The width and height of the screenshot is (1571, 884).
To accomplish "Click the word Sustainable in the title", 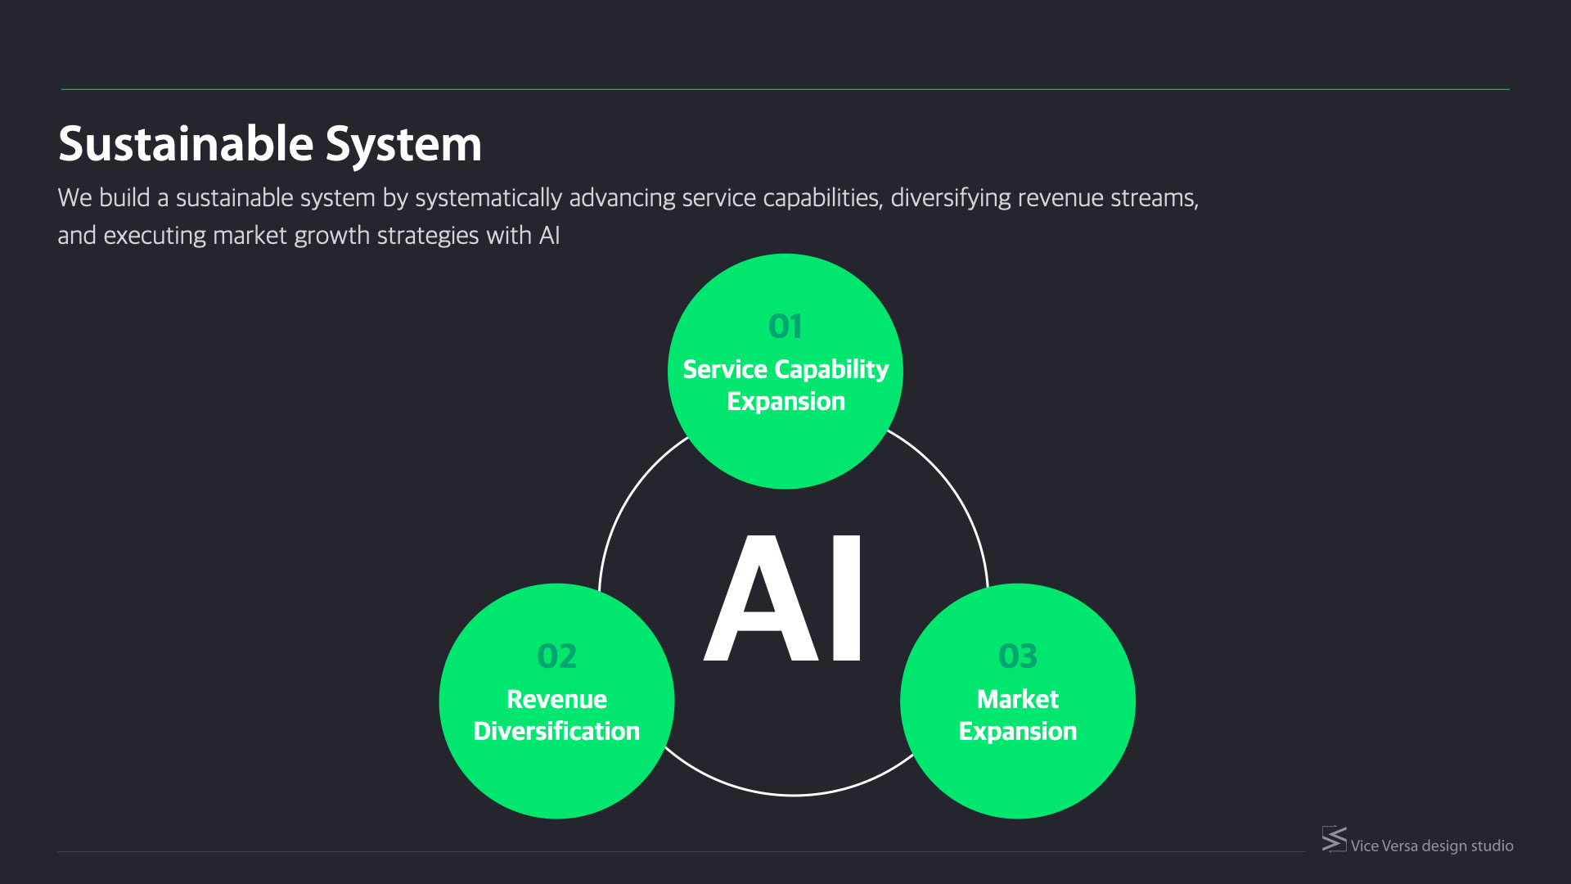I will pos(186,144).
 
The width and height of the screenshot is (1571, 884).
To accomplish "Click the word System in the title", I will pos(403,144).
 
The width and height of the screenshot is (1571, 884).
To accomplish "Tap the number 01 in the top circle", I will pos(785,327).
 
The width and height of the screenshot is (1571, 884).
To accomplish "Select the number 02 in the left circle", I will pos(556,656).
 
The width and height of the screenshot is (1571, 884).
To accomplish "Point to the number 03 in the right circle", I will pos(1018,656).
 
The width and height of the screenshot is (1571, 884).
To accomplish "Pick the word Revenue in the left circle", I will pos(556,699).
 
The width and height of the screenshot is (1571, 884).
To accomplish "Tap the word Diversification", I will pos(556,731).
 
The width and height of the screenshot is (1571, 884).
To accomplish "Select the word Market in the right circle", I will pos(1018,699).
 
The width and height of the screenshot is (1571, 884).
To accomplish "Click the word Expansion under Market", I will pos(1018,731).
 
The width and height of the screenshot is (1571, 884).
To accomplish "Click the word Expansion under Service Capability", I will pos(785,401).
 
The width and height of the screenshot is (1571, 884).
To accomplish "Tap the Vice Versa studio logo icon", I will pos(1334,839).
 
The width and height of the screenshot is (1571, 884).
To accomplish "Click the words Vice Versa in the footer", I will pos(1384,846).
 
